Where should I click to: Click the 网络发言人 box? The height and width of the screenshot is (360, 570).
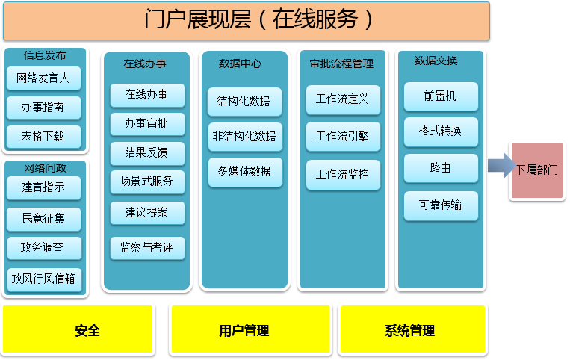coord(43,78)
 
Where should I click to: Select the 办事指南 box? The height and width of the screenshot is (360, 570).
coord(43,108)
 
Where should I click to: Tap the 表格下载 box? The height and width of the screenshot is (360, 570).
coord(43,137)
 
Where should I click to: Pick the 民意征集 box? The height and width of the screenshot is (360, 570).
coord(43,219)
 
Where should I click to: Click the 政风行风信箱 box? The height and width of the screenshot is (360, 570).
coord(44,280)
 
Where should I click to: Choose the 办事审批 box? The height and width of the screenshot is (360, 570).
coord(147,124)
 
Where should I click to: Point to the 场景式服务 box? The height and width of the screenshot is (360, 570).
coord(147,181)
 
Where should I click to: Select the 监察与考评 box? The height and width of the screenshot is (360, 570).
coord(147,248)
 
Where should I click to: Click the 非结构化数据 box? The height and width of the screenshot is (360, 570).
coord(245,137)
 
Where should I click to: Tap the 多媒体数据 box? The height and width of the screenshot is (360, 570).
coord(245,173)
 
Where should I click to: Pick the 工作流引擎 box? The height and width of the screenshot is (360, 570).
coord(343,137)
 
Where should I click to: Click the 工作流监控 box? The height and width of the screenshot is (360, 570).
coord(343,175)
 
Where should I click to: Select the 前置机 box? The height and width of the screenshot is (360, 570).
coord(441,96)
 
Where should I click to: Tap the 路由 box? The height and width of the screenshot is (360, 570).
coord(441,169)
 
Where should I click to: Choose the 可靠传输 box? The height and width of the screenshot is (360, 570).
coord(441,205)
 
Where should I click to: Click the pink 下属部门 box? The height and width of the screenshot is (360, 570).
coord(537,170)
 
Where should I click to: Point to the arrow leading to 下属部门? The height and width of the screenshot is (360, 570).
coord(502,166)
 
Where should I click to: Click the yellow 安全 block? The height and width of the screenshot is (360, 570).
coord(78,329)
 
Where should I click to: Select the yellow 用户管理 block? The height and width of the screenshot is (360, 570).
coord(250,329)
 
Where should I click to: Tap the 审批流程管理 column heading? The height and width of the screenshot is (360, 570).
coord(341,64)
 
